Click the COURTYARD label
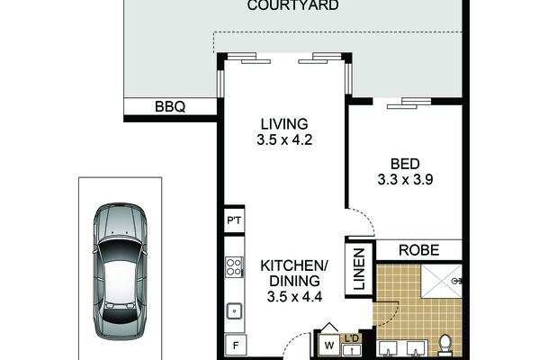tap(292, 5)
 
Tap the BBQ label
tap(170, 106)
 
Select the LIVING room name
tap(284, 124)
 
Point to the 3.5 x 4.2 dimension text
tap(284, 139)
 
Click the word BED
tap(405, 164)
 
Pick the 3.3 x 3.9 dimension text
tap(405, 180)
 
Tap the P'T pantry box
tap(234, 220)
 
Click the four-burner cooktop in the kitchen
tap(234, 267)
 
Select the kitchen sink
tap(234, 310)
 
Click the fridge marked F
tap(236, 346)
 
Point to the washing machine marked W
tap(328, 346)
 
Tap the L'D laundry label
tap(352, 338)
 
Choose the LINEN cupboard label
tap(359, 269)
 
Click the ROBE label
tap(418, 250)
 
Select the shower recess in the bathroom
tap(441, 281)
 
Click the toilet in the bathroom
tap(445, 345)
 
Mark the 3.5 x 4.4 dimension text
tap(294, 297)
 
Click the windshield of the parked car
tap(120, 250)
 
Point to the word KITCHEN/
tap(294, 265)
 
